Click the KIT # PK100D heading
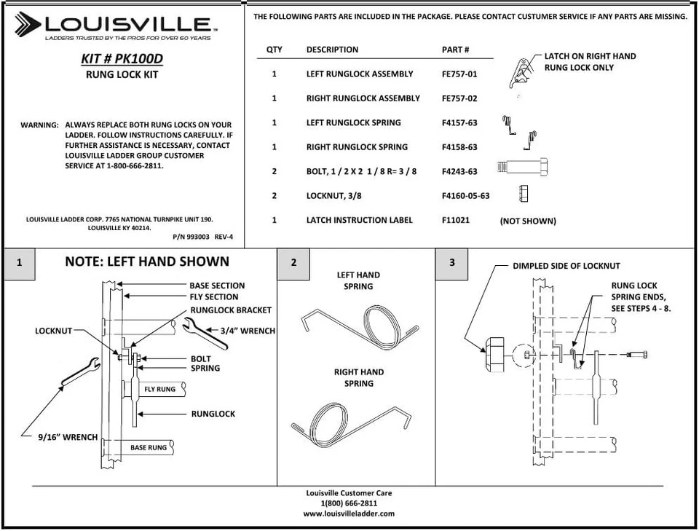tap(122, 59)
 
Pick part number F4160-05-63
tap(465, 196)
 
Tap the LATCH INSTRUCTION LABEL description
tap(359, 220)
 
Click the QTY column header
tap(275, 50)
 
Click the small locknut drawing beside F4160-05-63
tap(523, 193)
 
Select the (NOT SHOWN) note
tap(527, 221)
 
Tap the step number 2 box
tap(294, 263)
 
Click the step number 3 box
tap(451, 263)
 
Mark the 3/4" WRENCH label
tap(248, 331)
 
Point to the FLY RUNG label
tap(159, 390)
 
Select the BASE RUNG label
tap(149, 447)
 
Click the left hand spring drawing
tap(358, 323)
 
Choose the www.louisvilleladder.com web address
tap(349, 514)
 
